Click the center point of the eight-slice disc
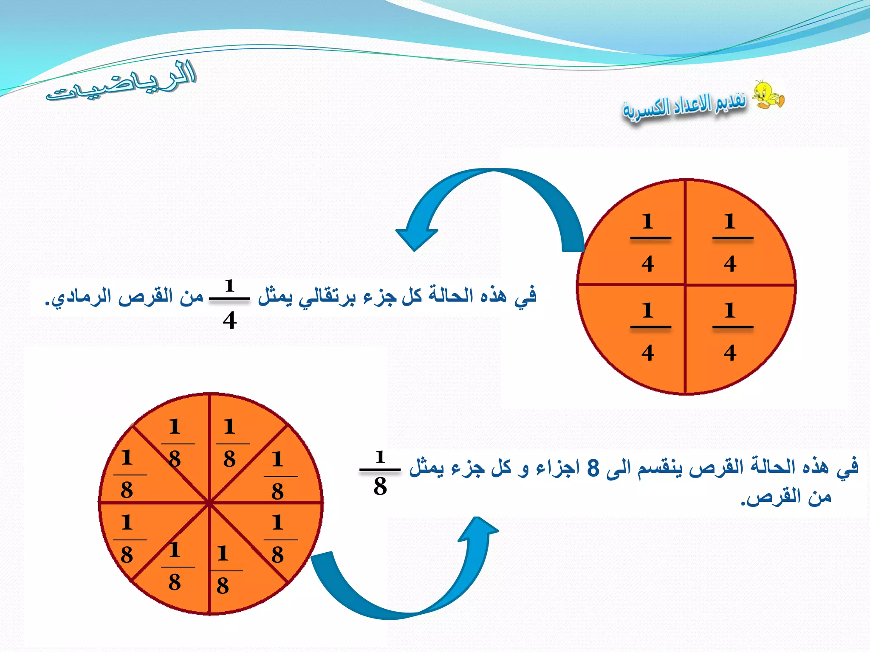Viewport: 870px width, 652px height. pyautogui.click(x=209, y=503)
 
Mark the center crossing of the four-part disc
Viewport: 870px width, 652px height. pyautogui.click(x=685, y=285)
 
